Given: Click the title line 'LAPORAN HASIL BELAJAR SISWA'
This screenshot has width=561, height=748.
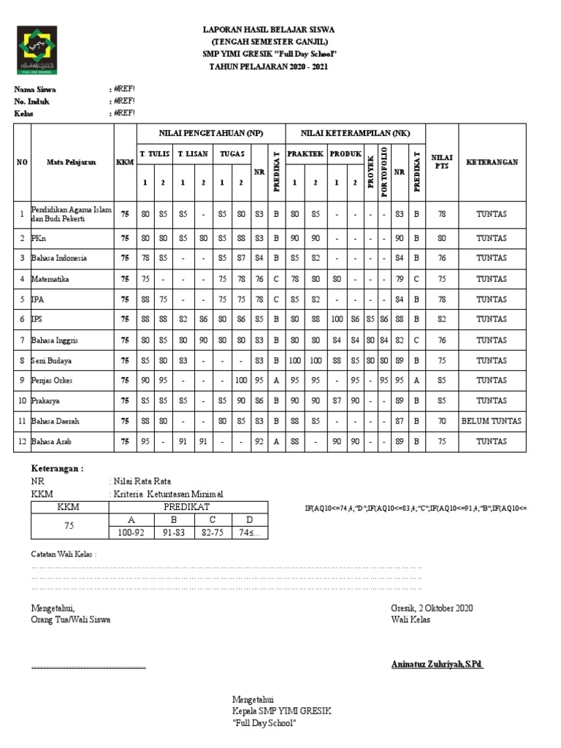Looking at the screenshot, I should (x=269, y=29).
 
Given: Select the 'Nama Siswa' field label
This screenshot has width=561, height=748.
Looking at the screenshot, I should (x=36, y=89).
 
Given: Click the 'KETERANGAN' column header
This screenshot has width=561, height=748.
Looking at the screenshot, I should (x=492, y=161).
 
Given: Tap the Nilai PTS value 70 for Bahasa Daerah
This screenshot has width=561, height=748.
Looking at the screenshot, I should (x=442, y=422).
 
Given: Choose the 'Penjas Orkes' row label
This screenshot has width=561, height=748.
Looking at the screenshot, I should (x=52, y=381).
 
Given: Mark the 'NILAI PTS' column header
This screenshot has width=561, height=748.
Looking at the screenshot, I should (x=442, y=161).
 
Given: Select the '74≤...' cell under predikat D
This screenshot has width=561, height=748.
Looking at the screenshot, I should (x=249, y=533).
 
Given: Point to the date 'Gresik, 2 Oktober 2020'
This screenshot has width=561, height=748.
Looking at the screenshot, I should (x=432, y=608).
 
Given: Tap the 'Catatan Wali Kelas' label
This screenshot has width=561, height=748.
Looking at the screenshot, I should (x=64, y=554).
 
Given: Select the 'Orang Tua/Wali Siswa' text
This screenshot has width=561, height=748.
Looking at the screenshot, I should (x=71, y=619).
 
